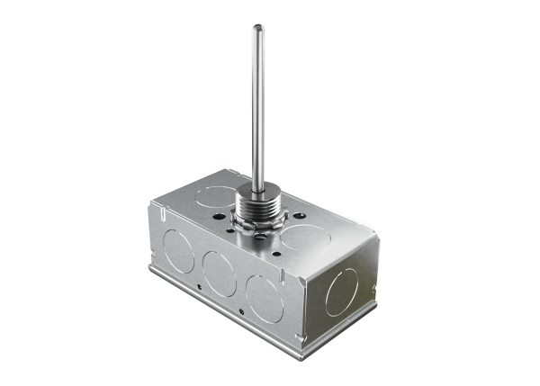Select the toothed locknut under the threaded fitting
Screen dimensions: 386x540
tap(258, 222)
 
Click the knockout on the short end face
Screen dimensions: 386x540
tap(342, 292)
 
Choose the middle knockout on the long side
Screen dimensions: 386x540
tap(220, 273)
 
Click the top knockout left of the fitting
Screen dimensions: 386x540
tap(217, 195)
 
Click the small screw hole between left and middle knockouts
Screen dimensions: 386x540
tap(197, 286)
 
